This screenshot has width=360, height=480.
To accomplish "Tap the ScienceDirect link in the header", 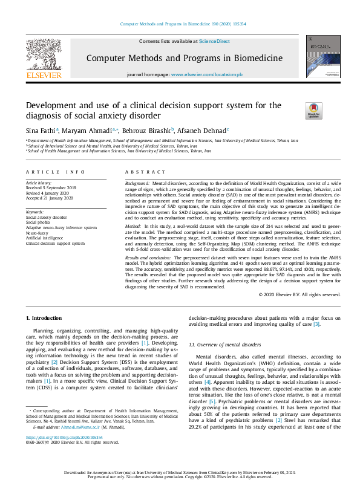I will point(215,41).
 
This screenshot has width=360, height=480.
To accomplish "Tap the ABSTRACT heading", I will point(140,172).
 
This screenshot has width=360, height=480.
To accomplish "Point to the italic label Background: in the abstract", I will point(138,183).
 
